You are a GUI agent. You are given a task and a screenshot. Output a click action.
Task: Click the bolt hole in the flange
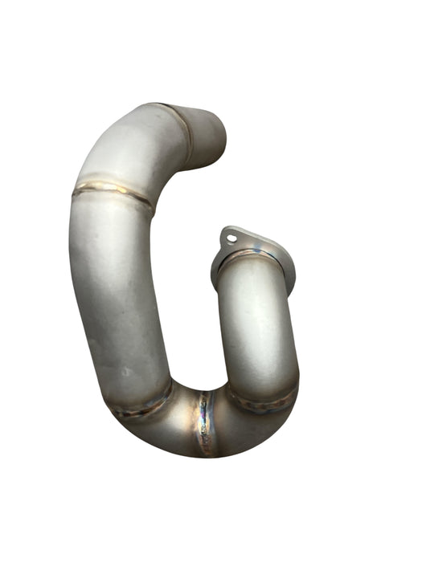(231, 238)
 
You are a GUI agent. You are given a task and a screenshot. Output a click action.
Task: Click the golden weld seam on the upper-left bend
(112, 191)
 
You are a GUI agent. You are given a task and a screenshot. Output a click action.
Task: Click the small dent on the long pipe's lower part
(125, 372)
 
